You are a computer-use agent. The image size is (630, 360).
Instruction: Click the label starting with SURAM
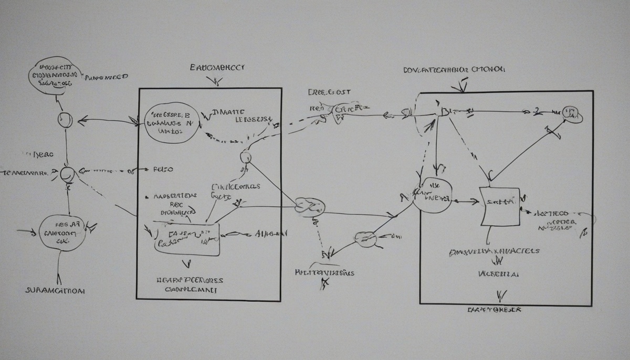(55, 290)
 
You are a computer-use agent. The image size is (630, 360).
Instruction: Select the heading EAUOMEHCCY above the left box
(217, 68)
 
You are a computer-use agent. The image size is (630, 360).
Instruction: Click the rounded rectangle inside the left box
(187, 239)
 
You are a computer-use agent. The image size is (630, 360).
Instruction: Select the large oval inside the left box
(171, 123)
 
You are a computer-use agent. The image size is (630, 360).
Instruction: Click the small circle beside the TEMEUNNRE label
(67, 174)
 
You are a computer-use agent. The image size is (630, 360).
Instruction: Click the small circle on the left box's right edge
(245, 157)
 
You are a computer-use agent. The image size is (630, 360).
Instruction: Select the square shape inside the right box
(500, 207)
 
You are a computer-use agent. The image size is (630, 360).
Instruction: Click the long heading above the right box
(454, 69)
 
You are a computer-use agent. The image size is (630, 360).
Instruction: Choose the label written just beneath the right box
(494, 310)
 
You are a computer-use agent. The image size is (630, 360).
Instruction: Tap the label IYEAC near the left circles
(39, 155)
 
